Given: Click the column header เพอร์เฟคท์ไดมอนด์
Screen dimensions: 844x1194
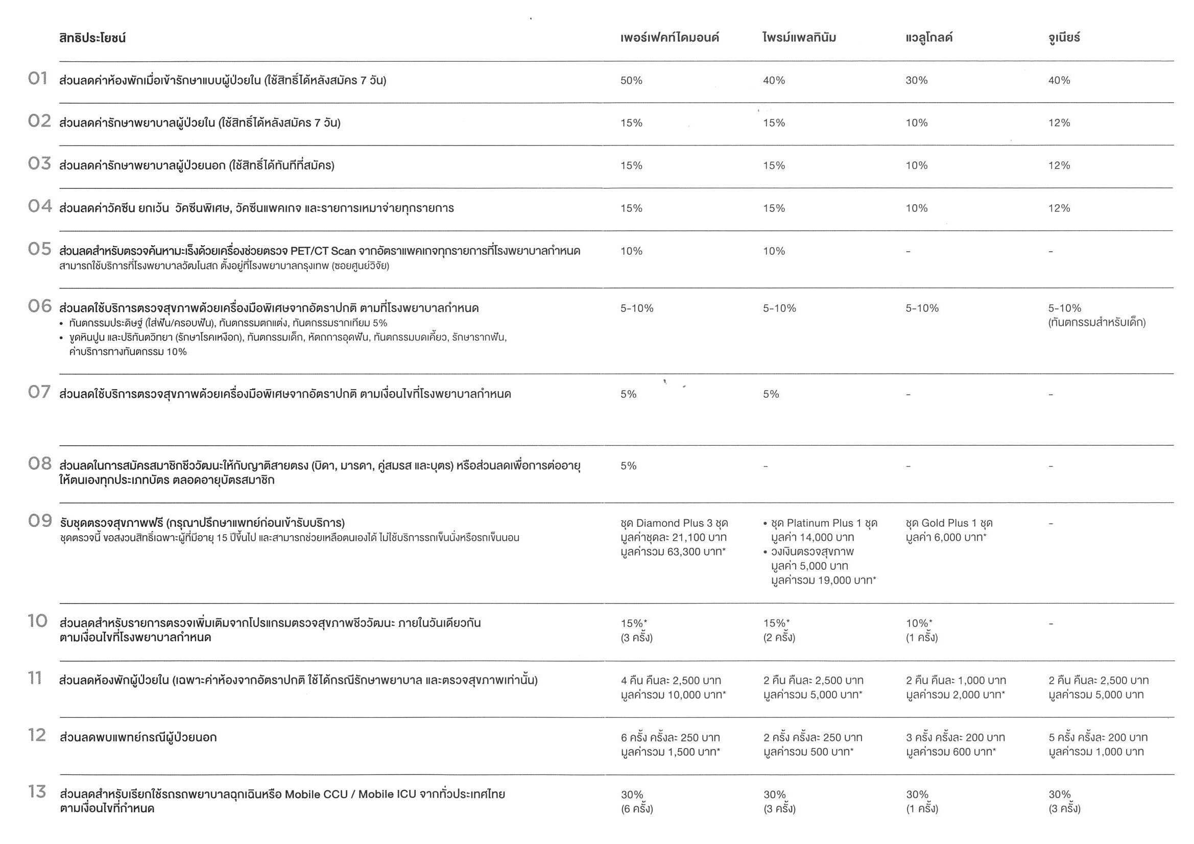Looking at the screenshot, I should pos(670,37).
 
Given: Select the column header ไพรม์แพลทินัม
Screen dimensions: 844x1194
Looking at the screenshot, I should pos(799,37).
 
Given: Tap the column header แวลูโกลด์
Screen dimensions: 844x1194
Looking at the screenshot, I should pos(929,37).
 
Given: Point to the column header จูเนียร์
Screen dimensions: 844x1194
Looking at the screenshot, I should pos(1064,37).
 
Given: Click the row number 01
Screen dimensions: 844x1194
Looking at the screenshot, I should pos(37,79).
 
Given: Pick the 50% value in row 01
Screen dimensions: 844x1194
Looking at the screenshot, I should pos(631,81).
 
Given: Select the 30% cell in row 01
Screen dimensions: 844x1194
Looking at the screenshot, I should pos(916,81).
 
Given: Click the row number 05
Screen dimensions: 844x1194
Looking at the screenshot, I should pos(39,249).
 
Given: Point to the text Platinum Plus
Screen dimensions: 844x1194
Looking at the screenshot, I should pos(819,523).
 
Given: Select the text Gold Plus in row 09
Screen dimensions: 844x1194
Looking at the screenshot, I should pos(945,523).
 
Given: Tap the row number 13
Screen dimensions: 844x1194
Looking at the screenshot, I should pos(37,792).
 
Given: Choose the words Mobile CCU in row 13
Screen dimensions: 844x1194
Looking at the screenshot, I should pos(316,794).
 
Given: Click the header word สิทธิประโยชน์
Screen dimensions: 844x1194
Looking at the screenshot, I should pos(92,38).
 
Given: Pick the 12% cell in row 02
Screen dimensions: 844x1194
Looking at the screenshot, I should pos(1059,123).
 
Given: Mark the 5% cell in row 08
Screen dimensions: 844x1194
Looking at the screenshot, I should pos(628,466).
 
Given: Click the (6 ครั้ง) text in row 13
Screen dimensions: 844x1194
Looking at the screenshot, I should pos(636,809).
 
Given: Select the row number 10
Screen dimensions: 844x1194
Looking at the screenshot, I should pos(37,621).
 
